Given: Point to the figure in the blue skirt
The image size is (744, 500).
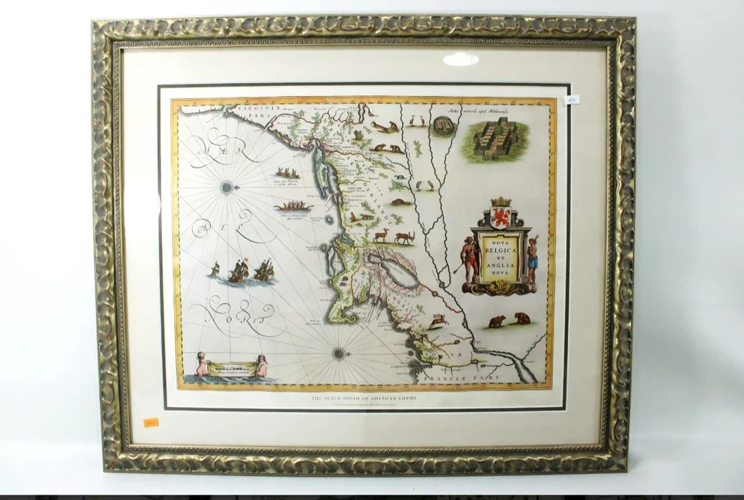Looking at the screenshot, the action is pos(532,259).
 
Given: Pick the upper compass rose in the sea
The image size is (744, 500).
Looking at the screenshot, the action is pos(226,186).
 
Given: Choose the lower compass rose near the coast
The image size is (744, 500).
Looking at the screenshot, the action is pos(339,353).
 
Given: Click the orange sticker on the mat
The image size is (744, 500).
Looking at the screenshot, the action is pos(150,422).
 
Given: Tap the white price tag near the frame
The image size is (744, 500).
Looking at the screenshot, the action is pos(572,99).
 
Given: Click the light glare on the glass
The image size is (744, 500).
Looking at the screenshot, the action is pos(460,59).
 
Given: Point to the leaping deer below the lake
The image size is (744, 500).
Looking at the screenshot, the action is pos(439,319).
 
